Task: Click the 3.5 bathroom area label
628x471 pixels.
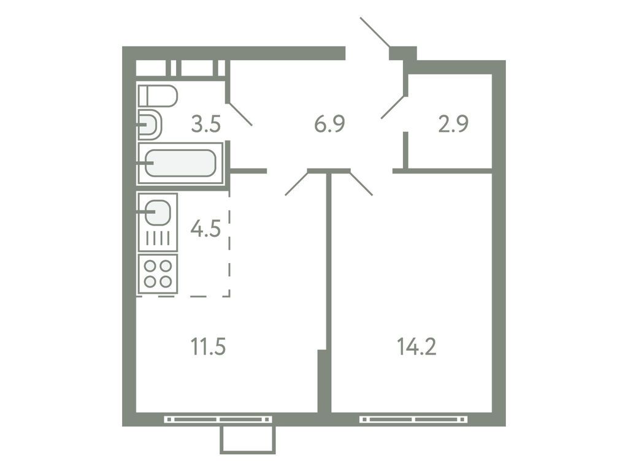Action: point(205,124)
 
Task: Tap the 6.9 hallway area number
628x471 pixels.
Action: point(329,124)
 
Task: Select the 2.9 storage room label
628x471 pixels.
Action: point(454,124)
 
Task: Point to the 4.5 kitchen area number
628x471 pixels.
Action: point(205,229)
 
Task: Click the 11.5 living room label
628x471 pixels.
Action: point(208,347)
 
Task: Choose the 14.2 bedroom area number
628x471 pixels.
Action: point(416,347)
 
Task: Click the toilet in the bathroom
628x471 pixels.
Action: point(158,96)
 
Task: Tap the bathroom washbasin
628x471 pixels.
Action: point(150,125)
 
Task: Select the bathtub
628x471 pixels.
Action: point(181,163)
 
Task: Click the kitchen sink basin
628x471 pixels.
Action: point(158,212)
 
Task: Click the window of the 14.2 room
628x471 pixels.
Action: point(413,419)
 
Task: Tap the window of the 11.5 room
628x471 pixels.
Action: point(218,419)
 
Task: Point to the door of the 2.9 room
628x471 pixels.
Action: point(393,107)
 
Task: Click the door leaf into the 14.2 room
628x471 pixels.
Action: point(361,183)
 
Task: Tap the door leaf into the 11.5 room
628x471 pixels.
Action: point(297,183)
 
